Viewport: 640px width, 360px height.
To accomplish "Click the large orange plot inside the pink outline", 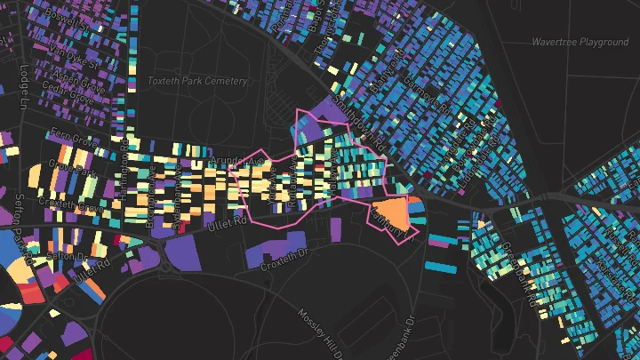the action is pos(395,214).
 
